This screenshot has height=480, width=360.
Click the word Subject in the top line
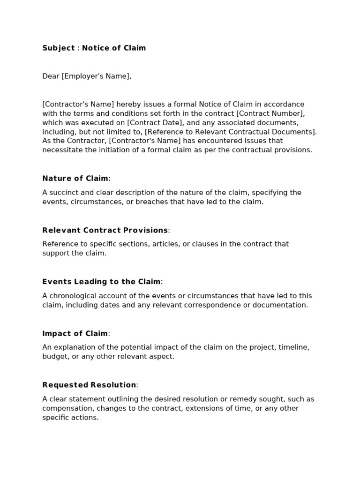tap(59, 48)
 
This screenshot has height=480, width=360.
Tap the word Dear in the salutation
tap(51, 76)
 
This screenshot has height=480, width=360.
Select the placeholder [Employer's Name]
tap(96, 76)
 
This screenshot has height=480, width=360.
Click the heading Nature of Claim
tap(75, 178)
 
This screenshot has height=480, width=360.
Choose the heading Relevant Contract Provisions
tap(105, 230)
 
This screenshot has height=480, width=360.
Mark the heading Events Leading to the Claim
tap(101, 282)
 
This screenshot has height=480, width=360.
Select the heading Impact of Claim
tap(75, 333)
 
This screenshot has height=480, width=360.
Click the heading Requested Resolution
tap(89, 385)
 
